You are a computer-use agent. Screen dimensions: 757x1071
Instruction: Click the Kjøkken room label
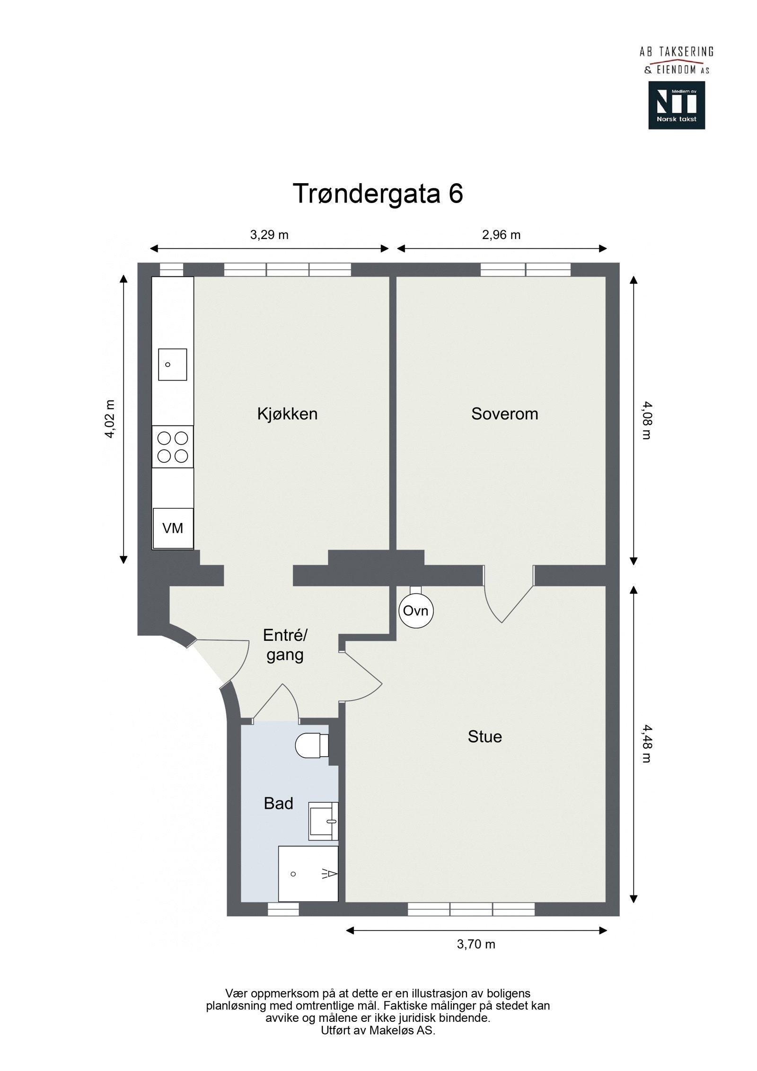pos(287,414)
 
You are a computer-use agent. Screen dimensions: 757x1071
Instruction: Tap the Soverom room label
pos(504,414)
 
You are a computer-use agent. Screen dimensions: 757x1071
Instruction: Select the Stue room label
pos(484,737)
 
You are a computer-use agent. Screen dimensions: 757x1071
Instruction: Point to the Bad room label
pos(278,804)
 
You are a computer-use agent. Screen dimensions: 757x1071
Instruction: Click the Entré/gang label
pos(285,645)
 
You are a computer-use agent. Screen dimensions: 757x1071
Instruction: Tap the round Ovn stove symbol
pos(416,610)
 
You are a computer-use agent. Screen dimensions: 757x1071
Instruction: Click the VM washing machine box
pos(173,528)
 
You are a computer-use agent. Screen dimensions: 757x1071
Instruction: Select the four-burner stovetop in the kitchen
pos(173,447)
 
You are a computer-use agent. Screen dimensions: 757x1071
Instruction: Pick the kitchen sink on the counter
pos(172,364)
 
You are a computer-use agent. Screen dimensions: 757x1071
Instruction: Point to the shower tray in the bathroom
pos(308,874)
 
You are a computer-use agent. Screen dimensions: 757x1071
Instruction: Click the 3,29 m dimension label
pos(269,235)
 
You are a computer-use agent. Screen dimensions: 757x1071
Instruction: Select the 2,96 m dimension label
pos(501,235)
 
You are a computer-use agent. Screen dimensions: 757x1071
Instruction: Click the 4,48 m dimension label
pos(647,744)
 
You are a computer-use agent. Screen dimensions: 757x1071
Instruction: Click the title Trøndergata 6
pos(378,193)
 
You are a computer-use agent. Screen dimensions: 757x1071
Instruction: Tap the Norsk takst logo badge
pos(677,105)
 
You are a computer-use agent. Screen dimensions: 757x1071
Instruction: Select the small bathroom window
pos(283,909)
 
